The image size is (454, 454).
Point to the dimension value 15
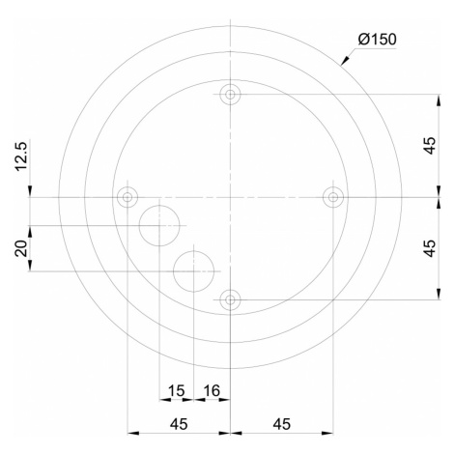coord(176,390)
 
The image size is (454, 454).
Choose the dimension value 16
coord(210,390)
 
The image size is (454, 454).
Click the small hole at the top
coord(230,94)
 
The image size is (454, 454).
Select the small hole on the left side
coord(127,197)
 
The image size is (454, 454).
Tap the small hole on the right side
coord(333,197)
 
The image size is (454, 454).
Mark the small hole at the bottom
coord(230,299)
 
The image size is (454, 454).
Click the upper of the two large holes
coord(159,226)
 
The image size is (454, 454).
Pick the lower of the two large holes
coord(194,271)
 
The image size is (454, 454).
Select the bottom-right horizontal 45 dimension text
coord(281,423)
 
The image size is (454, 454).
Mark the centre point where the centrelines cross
coord(230,197)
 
